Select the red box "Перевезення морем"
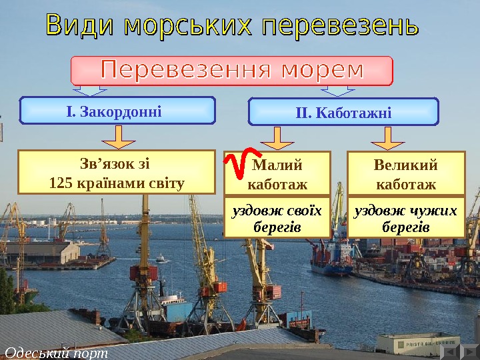click(x=232, y=70)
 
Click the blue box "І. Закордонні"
click(x=118, y=111)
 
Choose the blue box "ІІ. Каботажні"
click(x=343, y=112)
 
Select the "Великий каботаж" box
click(x=406, y=173)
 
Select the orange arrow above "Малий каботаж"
click(x=277, y=137)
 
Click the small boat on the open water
click(x=161, y=258)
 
